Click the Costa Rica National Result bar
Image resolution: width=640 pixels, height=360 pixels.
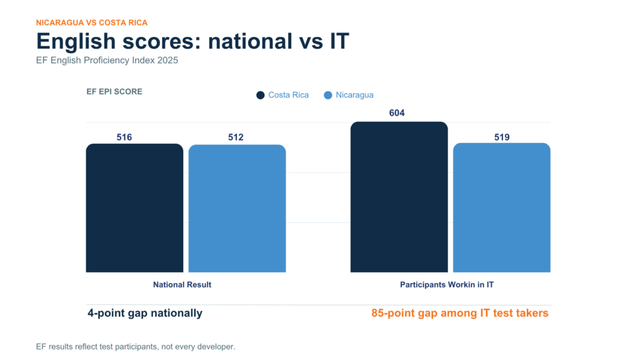pyautogui.click(x=135, y=207)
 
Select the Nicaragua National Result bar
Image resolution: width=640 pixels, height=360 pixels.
pyautogui.click(x=237, y=208)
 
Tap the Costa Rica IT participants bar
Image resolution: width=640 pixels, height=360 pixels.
pyautogui.click(x=399, y=197)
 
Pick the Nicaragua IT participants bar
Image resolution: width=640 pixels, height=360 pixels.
pyautogui.click(x=502, y=207)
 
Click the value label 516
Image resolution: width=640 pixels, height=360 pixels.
pyautogui.click(x=124, y=137)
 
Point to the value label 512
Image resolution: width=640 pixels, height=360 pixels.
pyautogui.click(x=236, y=137)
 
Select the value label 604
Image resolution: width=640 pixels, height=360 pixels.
pyautogui.click(x=397, y=113)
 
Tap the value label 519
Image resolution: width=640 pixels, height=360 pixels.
pyautogui.click(x=502, y=137)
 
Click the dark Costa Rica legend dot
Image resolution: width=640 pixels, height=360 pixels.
pyautogui.click(x=261, y=95)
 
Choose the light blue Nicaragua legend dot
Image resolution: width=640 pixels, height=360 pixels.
pyautogui.click(x=327, y=95)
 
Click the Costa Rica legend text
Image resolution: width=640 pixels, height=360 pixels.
pyautogui.click(x=288, y=95)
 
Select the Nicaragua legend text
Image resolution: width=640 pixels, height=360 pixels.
pyautogui.click(x=354, y=95)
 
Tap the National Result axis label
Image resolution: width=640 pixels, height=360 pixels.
pyautogui.click(x=182, y=285)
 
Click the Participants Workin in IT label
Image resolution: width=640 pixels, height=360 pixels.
pyautogui.click(x=446, y=285)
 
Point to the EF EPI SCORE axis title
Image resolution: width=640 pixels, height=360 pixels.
pyautogui.click(x=114, y=92)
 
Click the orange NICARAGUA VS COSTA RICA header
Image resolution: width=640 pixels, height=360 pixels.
pyautogui.click(x=92, y=23)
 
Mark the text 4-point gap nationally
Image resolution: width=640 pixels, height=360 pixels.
pyautogui.click(x=145, y=313)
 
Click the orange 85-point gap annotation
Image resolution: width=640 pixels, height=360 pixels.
pyautogui.click(x=459, y=313)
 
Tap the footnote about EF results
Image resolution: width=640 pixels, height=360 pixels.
pyautogui.click(x=136, y=347)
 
